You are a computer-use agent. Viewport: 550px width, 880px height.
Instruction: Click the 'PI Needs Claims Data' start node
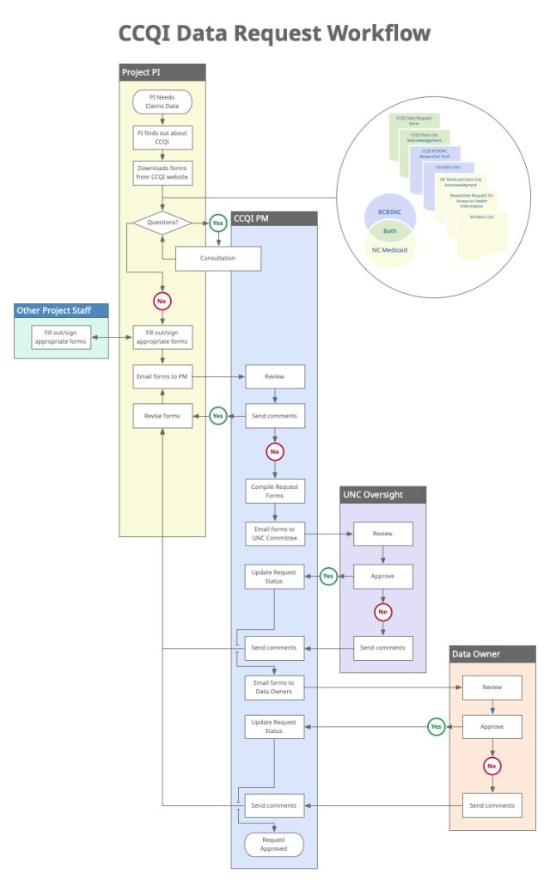(162, 101)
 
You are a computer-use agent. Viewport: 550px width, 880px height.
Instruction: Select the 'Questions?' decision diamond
(162, 223)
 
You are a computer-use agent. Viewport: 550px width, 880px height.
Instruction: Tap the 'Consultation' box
(217, 258)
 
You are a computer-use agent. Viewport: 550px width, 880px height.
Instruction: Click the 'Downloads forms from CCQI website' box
(162, 173)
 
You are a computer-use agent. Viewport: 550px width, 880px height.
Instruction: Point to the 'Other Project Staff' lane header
(62, 310)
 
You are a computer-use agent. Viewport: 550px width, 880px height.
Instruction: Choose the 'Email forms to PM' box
(162, 376)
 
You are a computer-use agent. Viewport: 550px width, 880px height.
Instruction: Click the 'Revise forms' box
(162, 416)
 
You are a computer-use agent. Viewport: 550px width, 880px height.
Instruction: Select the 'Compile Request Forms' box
(274, 492)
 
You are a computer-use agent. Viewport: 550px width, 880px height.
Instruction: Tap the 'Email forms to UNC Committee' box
(274, 534)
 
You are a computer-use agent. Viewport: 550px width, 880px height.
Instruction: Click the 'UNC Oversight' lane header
(383, 494)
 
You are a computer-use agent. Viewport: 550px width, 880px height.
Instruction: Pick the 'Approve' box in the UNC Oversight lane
(382, 576)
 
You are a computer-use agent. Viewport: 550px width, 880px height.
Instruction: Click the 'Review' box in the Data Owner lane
(492, 687)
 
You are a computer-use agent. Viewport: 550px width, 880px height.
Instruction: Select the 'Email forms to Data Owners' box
(274, 687)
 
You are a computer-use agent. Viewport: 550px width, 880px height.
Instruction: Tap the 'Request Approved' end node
(274, 844)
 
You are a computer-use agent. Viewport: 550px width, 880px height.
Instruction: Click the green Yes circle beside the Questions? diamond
(217, 223)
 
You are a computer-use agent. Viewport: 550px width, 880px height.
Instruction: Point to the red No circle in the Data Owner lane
(492, 766)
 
